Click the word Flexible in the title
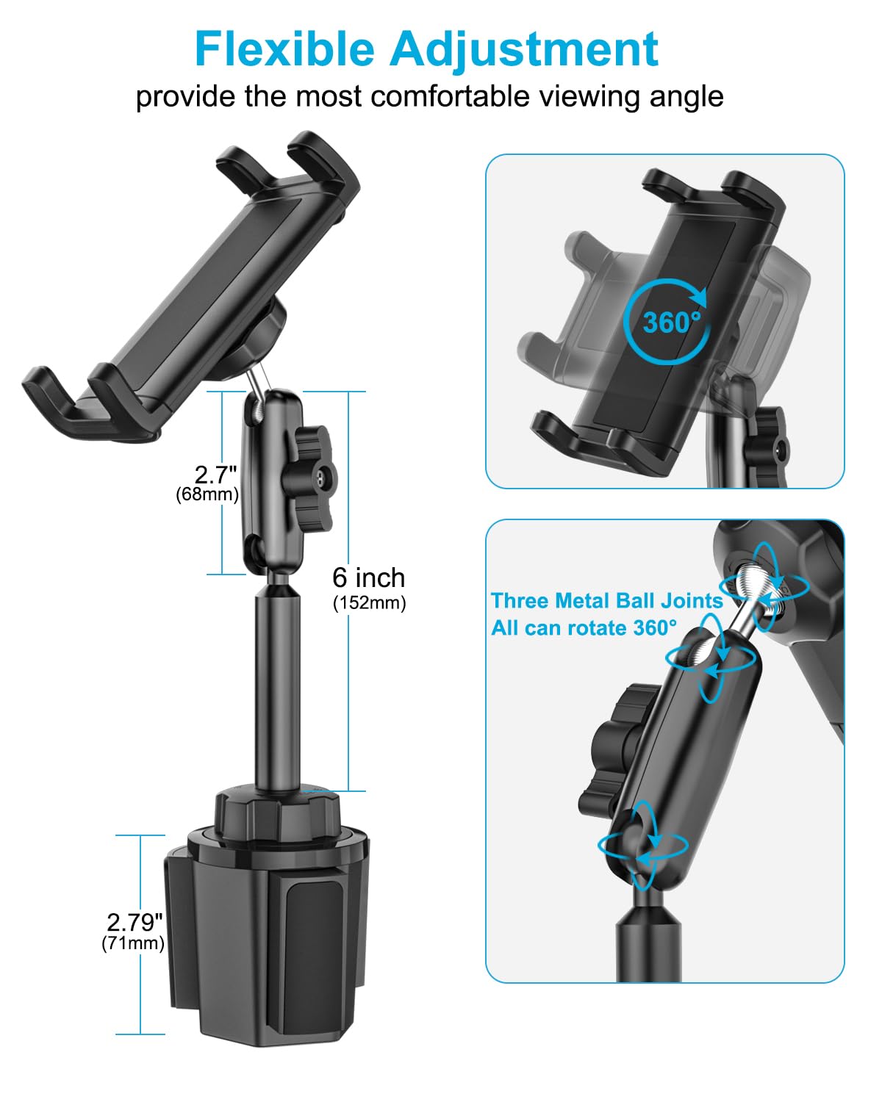[284, 50]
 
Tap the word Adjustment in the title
[523, 50]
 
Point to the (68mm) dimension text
[207, 494]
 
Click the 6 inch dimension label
[368, 578]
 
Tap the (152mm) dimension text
[369, 603]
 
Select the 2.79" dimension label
[135, 922]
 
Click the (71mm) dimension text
[133, 943]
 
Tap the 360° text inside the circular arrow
[671, 323]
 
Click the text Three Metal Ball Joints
[606, 601]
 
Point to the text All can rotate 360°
[584, 628]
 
